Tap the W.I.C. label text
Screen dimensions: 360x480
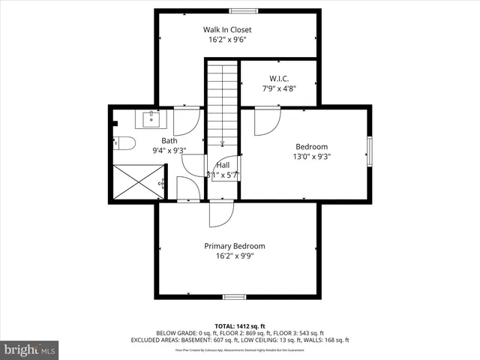click(x=278, y=78)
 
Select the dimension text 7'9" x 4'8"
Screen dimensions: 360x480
click(x=278, y=88)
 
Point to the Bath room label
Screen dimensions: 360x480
click(x=169, y=140)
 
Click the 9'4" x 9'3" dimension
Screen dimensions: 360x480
click(x=169, y=150)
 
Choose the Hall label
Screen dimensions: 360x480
click(x=223, y=165)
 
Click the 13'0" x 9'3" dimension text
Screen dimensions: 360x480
click(x=311, y=157)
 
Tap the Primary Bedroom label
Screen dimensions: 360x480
click(x=235, y=246)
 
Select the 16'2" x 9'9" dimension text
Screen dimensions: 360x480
click(x=235, y=256)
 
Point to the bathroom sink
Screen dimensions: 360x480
click(x=152, y=118)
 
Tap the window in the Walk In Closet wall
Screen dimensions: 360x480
click(x=240, y=10)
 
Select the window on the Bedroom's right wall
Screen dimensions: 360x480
click(x=369, y=149)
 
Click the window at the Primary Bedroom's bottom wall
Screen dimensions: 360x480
click(x=234, y=296)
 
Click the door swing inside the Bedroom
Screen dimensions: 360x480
click(x=266, y=121)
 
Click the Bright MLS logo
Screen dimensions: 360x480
click(x=30, y=349)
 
